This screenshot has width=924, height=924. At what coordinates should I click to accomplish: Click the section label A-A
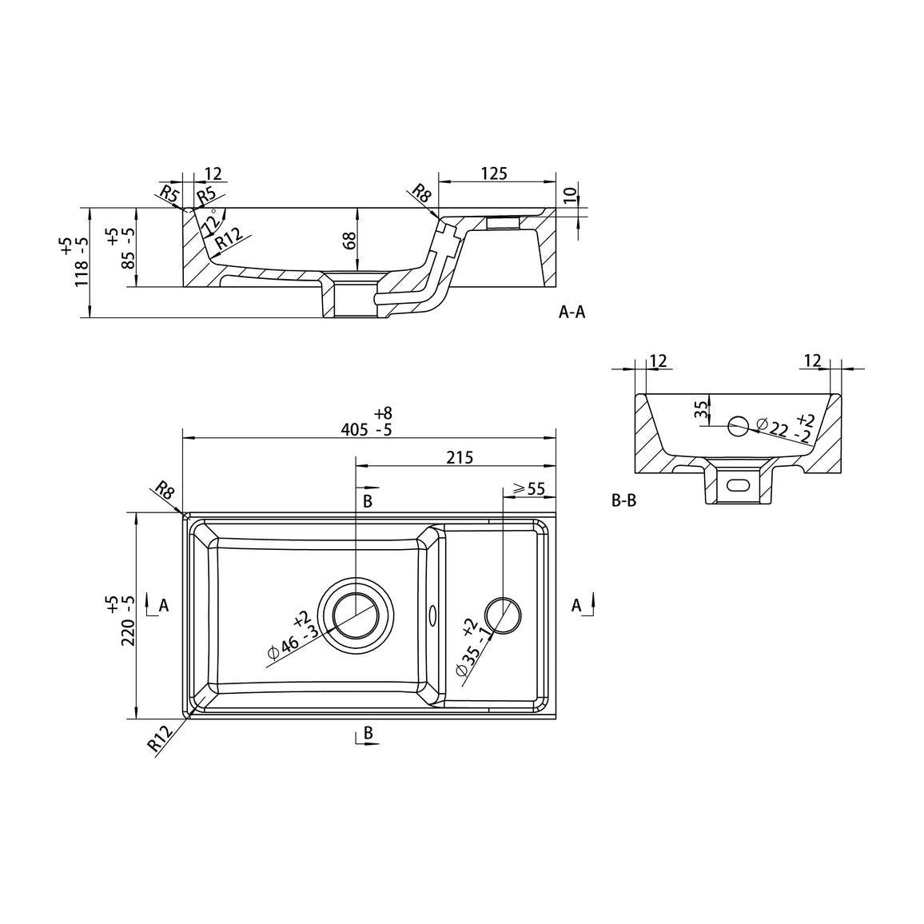(572, 313)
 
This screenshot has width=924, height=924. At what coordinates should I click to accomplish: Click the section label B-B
(624, 501)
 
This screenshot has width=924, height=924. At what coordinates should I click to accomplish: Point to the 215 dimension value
(460, 457)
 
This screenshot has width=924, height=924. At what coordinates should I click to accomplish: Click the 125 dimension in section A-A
(494, 173)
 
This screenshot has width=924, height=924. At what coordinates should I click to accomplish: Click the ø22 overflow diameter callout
(784, 428)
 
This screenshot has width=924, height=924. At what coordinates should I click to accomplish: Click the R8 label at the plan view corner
(165, 490)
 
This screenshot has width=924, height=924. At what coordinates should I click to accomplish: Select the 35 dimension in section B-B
(701, 410)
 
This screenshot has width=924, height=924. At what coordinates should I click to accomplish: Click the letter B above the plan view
(368, 501)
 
